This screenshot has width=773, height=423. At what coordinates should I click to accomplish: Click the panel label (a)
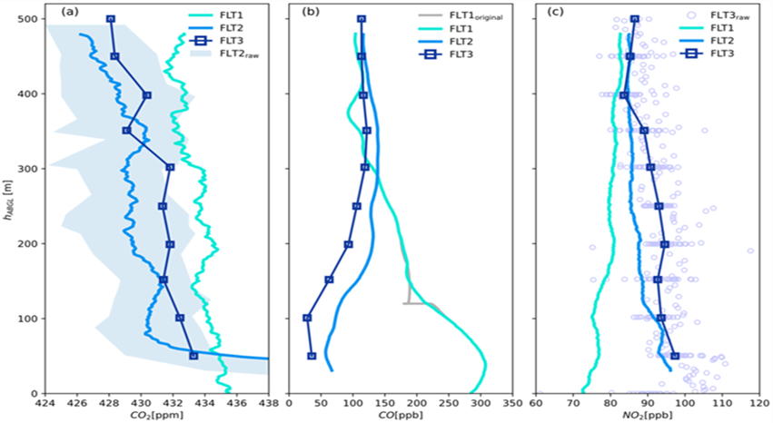pyautogui.click(x=68, y=12)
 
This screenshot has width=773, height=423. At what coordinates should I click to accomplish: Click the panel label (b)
pyautogui.click(x=311, y=12)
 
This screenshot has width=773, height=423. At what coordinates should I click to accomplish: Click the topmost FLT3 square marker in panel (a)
pyautogui.click(x=110, y=19)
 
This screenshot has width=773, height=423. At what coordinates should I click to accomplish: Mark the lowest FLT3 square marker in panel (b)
pyautogui.click(x=312, y=356)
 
